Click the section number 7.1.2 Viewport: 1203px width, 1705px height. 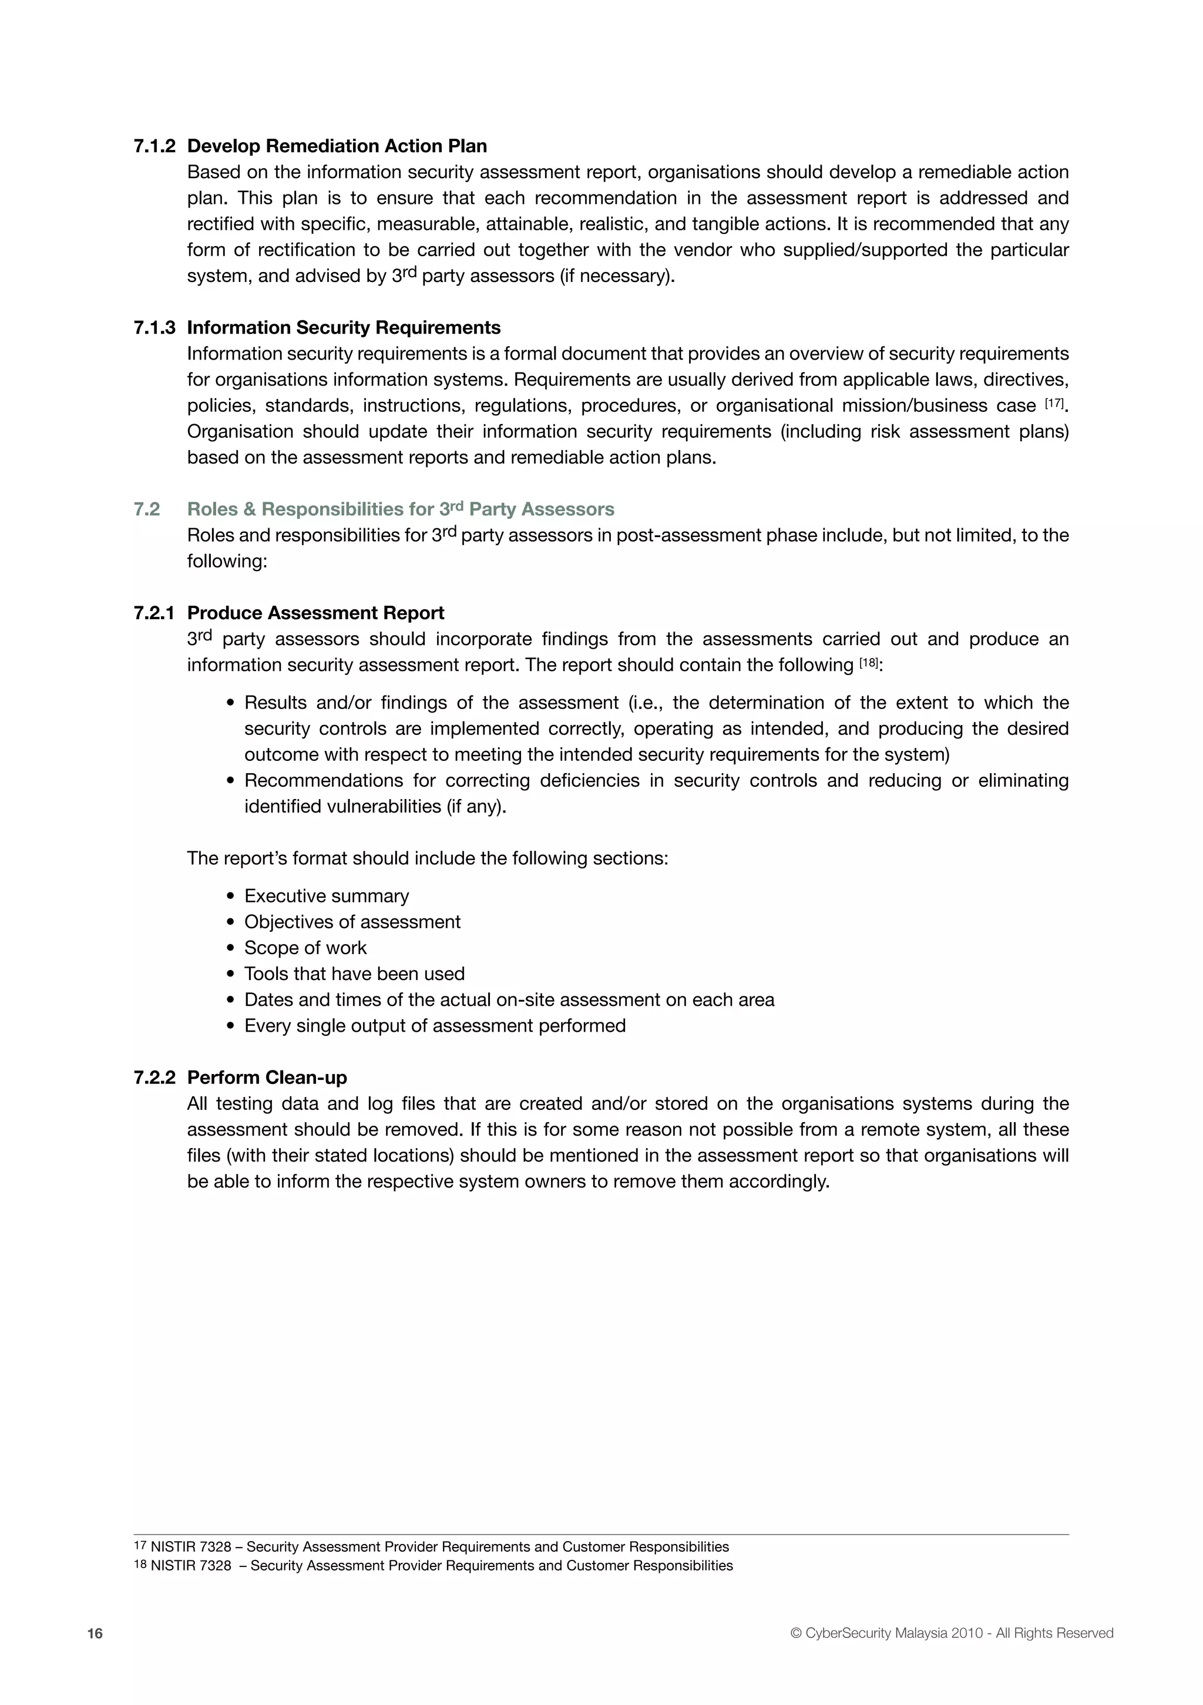pos(154,146)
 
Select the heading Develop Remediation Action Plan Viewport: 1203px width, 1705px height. pos(337,146)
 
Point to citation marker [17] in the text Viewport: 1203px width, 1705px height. pos(1054,403)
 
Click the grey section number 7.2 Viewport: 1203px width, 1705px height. pos(147,509)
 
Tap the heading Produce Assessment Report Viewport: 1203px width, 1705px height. pos(315,613)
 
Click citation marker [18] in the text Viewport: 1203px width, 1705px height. pos(868,662)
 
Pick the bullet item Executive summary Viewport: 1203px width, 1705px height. pos(326,897)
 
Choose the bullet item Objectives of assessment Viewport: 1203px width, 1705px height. pos(352,922)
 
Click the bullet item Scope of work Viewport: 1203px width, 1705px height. pos(305,948)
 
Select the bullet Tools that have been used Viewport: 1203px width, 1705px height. pos(354,974)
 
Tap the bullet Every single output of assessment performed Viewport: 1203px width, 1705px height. pos(435,1026)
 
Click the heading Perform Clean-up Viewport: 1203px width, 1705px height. pos(267,1078)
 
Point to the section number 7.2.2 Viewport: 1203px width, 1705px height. pos(154,1078)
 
